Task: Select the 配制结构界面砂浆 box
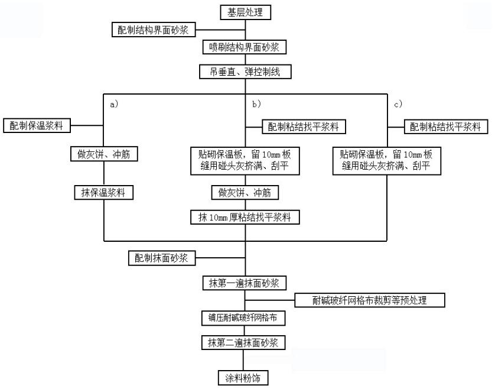[154, 30]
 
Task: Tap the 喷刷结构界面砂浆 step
[245, 47]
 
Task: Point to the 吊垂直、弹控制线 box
[245, 72]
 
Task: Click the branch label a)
[115, 104]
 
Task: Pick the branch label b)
[257, 104]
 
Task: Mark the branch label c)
[398, 104]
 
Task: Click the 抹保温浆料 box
[103, 192]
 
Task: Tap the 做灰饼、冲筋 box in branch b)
[245, 192]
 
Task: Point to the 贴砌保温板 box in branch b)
[245, 160]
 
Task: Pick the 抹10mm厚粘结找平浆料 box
[245, 217]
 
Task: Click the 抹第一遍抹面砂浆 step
[245, 283]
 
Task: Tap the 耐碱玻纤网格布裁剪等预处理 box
[377, 300]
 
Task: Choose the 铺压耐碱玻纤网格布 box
[245, 318]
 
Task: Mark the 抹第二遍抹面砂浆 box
[245, 342]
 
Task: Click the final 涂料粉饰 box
[245, 377]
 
